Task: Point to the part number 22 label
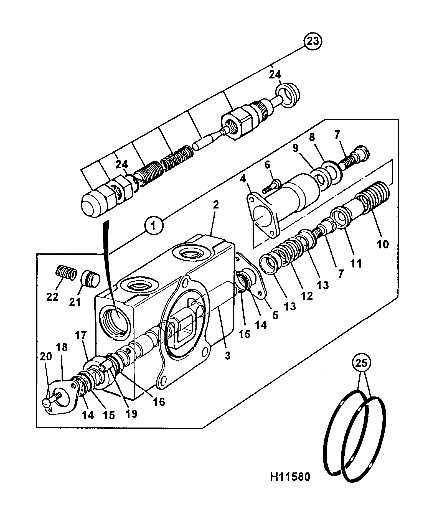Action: tap(52, 297)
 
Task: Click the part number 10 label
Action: tap(382, 244)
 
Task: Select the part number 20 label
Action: tap(46, 356)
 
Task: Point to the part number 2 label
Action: tap(216, 205)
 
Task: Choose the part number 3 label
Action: tap(228, 355)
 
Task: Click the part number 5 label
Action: tap(275, 316)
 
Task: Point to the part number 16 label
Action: tap(159, 401)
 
